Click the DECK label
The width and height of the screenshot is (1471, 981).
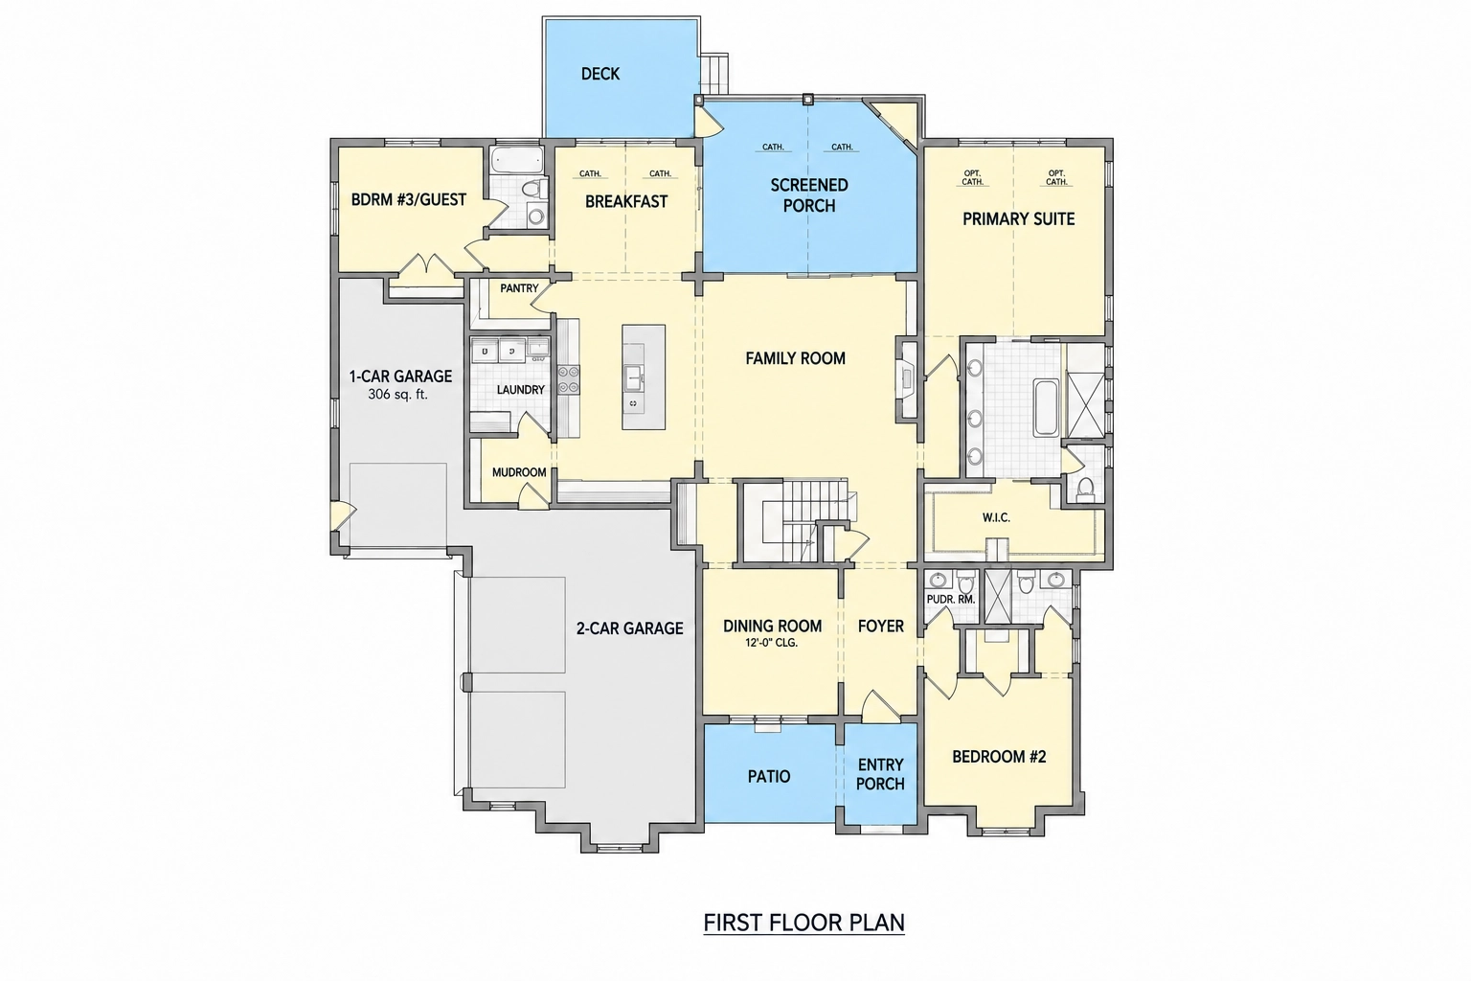600,74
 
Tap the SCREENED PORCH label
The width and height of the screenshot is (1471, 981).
809,195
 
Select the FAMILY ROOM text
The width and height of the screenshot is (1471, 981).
795,358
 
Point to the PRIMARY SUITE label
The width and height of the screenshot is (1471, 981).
1019,218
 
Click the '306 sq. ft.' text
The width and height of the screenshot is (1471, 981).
398,395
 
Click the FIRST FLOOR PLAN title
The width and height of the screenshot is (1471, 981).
803,923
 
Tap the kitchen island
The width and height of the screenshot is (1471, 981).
644,377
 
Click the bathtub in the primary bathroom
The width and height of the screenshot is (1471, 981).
1046,407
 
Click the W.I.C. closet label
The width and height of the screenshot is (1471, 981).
996,517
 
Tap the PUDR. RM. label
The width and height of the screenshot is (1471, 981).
950,600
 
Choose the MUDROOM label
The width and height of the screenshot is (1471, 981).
519,472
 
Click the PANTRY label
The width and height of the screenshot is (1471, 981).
519,287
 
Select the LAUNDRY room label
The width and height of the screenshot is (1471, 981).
520,390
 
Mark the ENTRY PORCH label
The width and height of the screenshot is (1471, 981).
880,774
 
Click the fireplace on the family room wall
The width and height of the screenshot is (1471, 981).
906,379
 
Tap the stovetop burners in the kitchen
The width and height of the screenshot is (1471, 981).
568,380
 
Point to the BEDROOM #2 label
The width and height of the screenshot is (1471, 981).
999,757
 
